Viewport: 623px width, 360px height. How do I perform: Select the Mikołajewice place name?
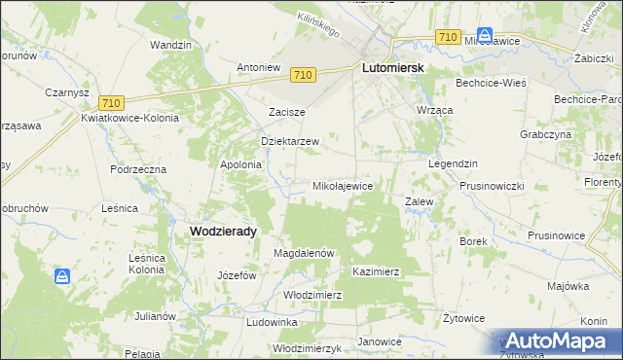pyautogui.click(x=342, y=185)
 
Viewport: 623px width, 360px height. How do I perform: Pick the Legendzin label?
pyautogui.click(x=453, y=163)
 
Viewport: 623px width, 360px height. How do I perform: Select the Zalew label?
pyautogui.click(x=419, y=201)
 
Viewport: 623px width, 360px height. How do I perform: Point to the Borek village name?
pyautogui.click(x=472, y=239)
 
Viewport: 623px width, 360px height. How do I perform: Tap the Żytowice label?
pyautogui.click(x=463, y=317)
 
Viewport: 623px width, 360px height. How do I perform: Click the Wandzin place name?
pyautogui.click(x=169, y=45)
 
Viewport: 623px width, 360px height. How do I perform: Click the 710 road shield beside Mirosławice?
pyautogui.click(x=448, y=36)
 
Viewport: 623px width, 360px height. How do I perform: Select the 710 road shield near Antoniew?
pyautogui.click(x=303, y=75)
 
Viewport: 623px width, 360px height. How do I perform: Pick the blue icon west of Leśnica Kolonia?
pyautogui.click(x=63, y=276)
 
